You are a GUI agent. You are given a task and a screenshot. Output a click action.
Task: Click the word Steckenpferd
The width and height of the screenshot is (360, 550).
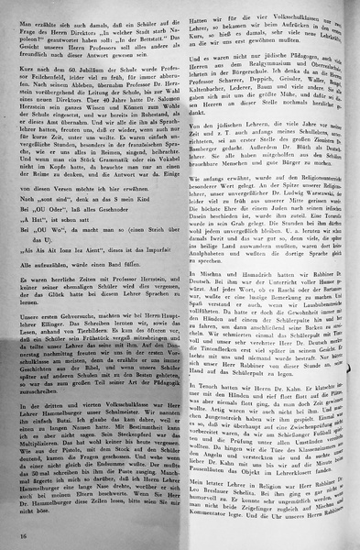point(119,452)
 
